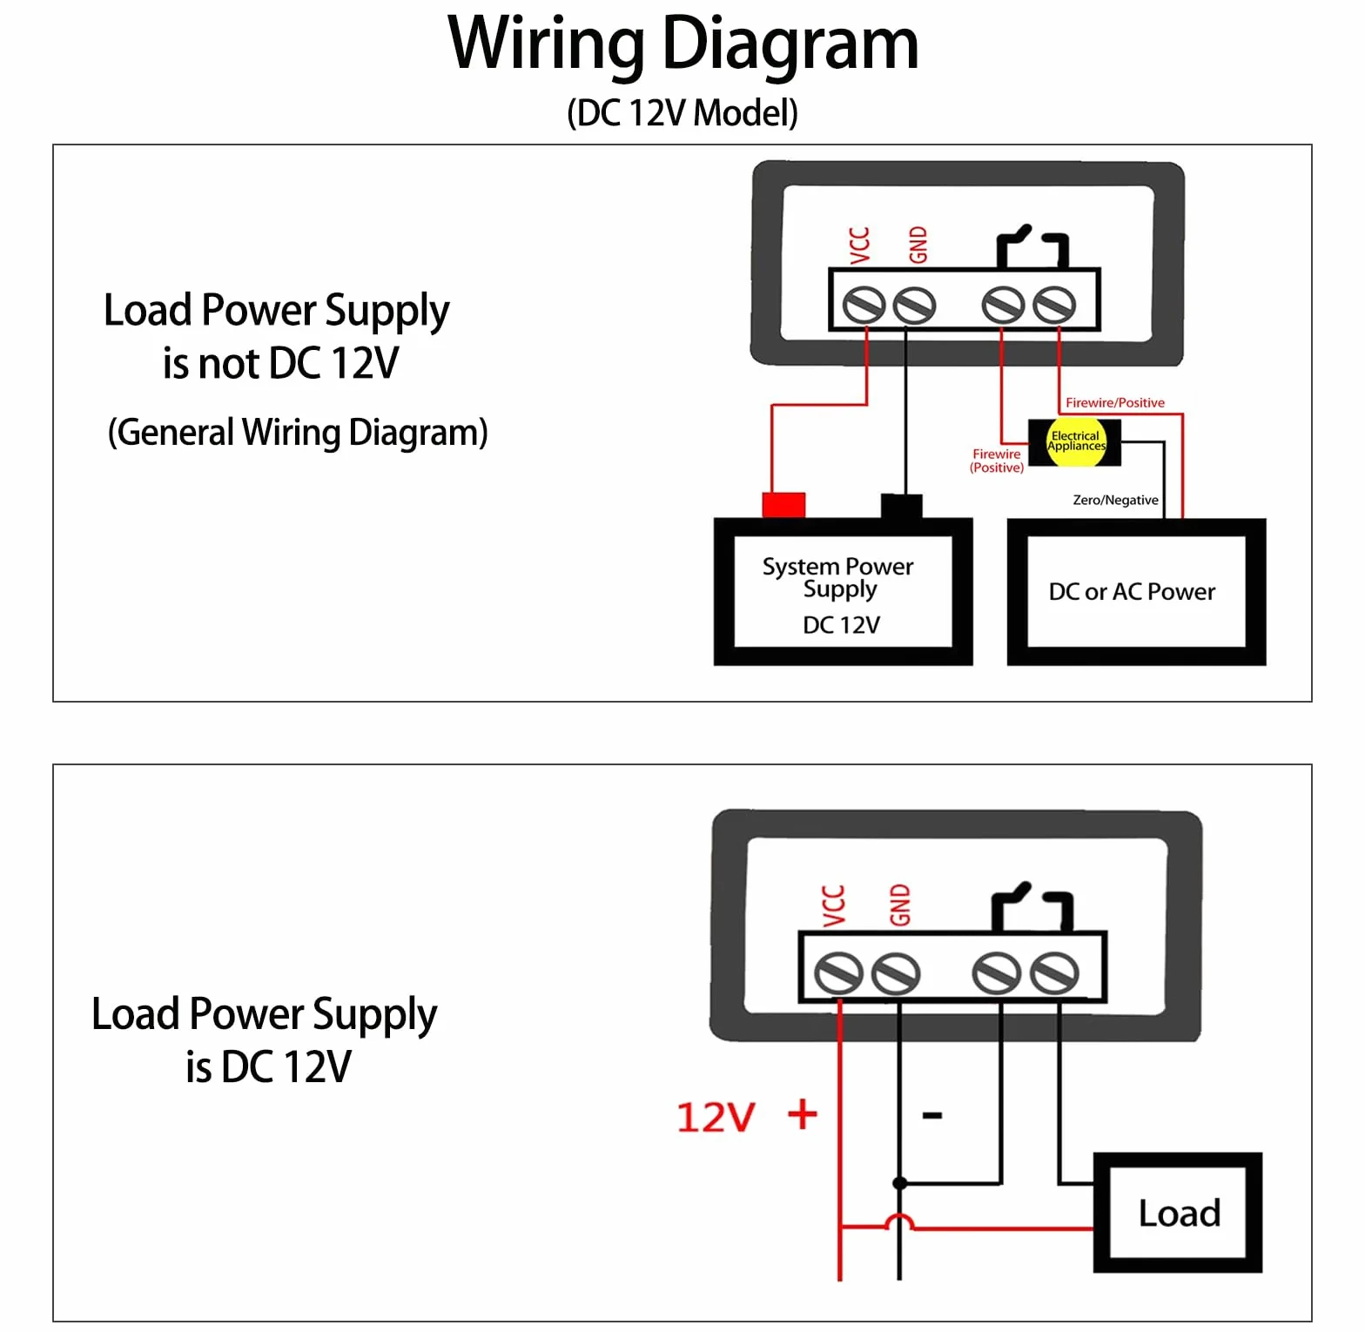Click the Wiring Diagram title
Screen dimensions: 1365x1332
click(683, 45)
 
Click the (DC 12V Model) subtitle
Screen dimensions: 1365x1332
click(682, 113)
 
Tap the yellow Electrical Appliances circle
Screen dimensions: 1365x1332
click(1076, 441)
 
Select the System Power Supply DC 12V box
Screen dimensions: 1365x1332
click(843, 592)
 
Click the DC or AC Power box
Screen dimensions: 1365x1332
click(1136, 592)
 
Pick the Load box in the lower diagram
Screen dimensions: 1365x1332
click(1178, 1213)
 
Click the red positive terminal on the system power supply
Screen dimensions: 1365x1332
click(783, 505)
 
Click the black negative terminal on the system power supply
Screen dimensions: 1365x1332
click(901, 506)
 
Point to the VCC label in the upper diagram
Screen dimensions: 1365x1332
click(859, 245)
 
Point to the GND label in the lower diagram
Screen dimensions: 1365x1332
click(899, 905)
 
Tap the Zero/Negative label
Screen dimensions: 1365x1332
click(1115, 500)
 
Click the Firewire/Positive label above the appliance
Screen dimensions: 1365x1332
click(1115, 402)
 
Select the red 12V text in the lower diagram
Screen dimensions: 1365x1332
click(716, 1117)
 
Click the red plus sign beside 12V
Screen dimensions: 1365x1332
click(802, 1114)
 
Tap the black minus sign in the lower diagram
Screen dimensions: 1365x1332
click(932, 1115)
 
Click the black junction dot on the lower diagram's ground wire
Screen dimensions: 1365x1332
click(900, 1183)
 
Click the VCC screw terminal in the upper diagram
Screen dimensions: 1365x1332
click(864, 305)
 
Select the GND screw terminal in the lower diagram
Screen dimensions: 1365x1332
click(896, 973)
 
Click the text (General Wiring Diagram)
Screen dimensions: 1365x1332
click(298, 433)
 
